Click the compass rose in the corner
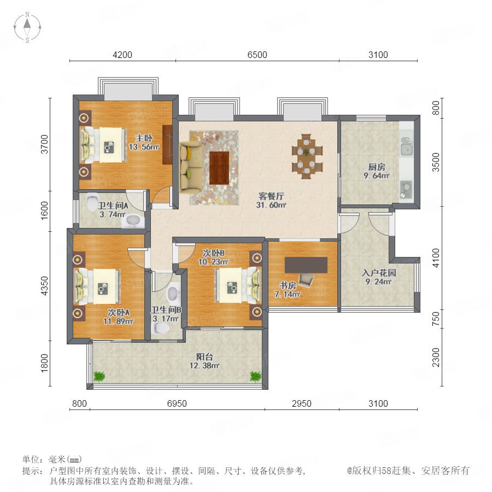[27, 27]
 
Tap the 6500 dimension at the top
[257, 55]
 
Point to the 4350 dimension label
[45, 285]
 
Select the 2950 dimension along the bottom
[302, 403]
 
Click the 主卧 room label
[144, 138]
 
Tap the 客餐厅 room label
[271, 196]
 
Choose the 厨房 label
[377, 167]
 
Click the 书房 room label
[288, 285]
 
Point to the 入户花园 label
[378, 273]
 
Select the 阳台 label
[204, 357]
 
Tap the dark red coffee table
[219, 167]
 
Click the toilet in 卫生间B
[160, 328]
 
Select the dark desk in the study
[306, 265]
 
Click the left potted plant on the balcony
[99, 376]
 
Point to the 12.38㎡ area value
[204, 366]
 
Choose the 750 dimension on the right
[436, 319]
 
